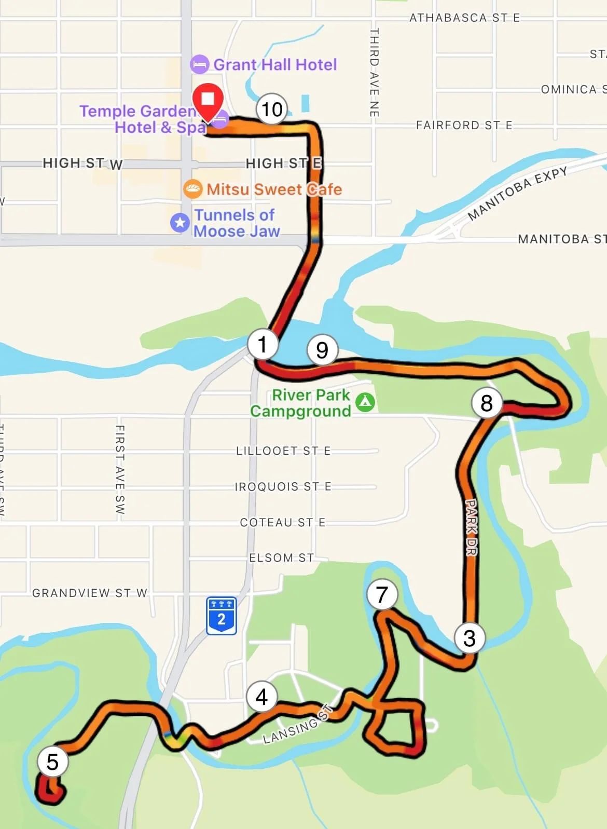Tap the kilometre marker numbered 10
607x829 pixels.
271,109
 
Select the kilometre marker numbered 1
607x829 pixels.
263,344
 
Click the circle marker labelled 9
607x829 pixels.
322,350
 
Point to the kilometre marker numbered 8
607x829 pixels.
486,403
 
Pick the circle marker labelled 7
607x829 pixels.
382,594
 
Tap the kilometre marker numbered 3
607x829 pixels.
470,638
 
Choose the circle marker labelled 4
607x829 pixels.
261,697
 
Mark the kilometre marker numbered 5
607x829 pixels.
52,762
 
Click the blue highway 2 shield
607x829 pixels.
222,616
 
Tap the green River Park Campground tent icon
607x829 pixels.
365,402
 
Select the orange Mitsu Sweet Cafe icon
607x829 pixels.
192,189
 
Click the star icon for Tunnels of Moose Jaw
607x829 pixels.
180,223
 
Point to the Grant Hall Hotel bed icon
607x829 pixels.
199,65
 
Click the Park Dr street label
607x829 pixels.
471,527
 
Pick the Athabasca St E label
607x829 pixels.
464,18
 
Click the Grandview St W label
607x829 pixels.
90,593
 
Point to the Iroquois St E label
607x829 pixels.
283,486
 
